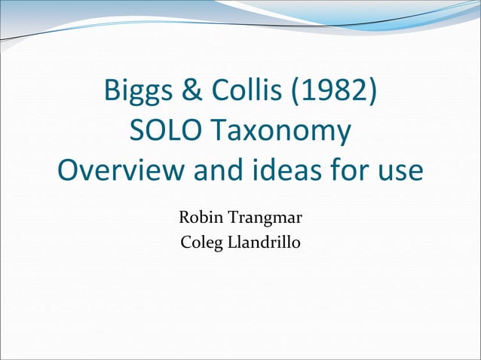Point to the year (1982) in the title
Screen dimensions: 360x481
click(x=332, y=93)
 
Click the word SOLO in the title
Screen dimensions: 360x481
click(x=161, y=132)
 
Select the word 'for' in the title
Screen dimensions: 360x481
click(x=345, y=170)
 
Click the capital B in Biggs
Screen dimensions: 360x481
click(x=112, y=93)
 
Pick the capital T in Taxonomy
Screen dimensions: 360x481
click(x=214, y=132)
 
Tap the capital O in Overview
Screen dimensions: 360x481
click(x=69, y=170)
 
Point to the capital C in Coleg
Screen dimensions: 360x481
click(x=186, y=244)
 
